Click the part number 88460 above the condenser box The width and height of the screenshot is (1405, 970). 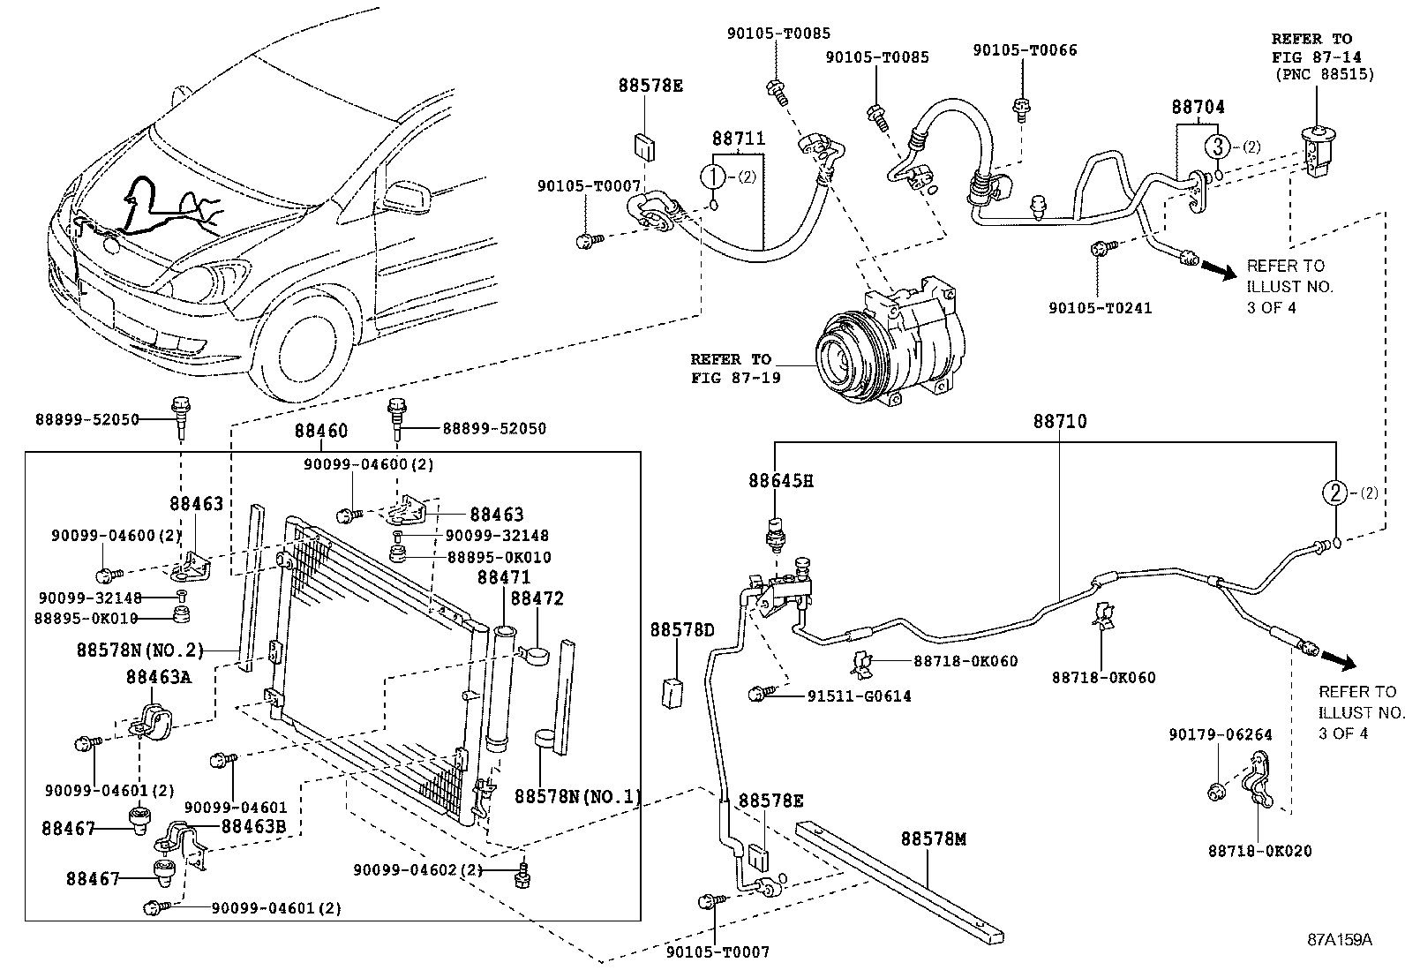[320, 431]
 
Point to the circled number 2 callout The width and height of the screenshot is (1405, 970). [1335, 493]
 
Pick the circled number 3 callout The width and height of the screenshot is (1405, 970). [1217, 146]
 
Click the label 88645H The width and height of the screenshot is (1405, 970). [780, 481]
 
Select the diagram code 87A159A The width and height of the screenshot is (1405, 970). [1340, 940]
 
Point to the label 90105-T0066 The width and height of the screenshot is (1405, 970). [1025, 50]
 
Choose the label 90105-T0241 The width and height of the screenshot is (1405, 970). [1100, 308]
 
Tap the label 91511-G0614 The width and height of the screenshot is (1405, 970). [859, 696]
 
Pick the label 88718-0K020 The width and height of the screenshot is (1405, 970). [1259, 851]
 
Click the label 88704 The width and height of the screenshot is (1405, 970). [1198, 107]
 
